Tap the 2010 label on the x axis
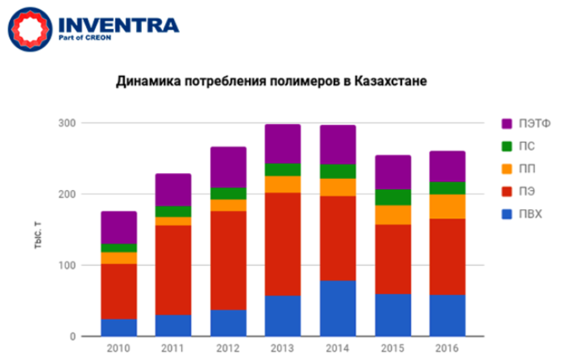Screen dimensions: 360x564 coord(119,349)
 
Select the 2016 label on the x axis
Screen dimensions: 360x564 coord(447,349)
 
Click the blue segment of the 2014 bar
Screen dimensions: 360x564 coord(338,308)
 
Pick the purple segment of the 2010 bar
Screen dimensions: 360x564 coord(119,227)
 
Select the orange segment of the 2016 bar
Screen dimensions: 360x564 coord(447,206)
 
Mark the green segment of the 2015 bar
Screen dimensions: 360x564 coord(393,197)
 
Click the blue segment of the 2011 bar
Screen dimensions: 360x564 coord(173,325)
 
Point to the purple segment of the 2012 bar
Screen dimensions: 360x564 coord(228,167)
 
